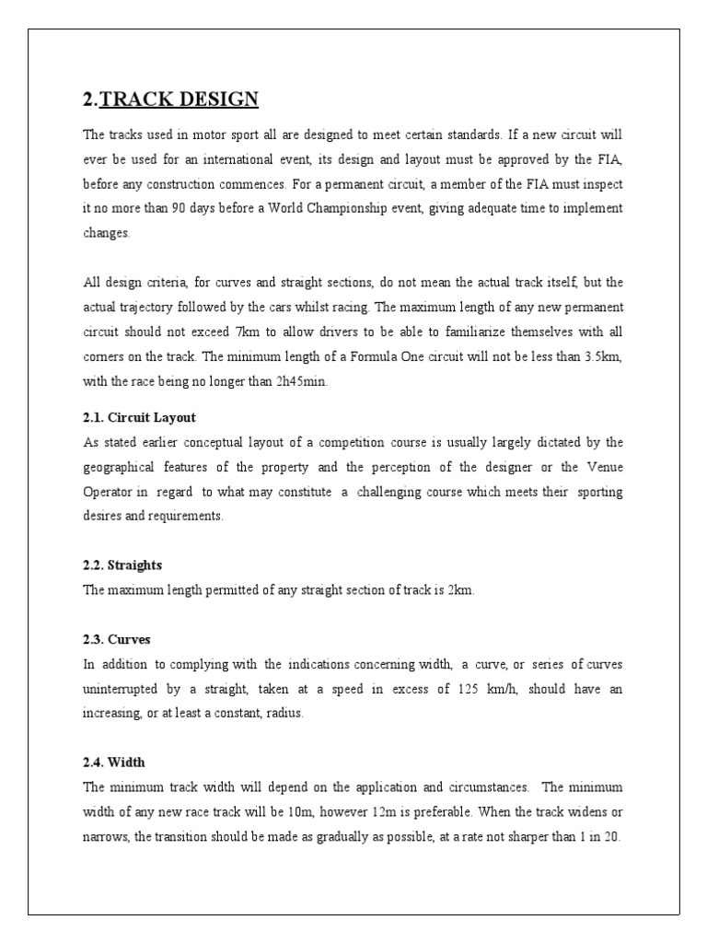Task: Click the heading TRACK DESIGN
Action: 180,99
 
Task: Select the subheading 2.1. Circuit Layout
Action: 138,417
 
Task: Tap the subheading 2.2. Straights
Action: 122,565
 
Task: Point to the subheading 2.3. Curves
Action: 117,638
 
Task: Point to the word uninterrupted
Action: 125,689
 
